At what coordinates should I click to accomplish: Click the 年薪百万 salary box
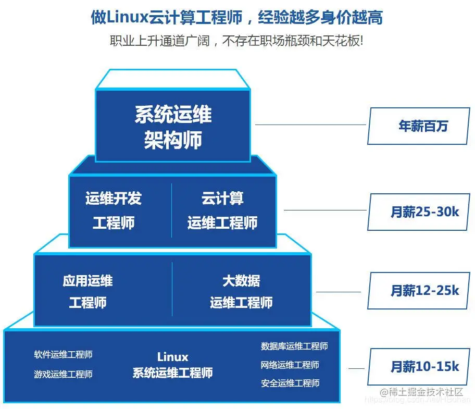(419, 126)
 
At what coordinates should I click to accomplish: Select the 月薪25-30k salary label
(419, 212)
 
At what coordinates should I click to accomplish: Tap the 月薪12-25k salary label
(419, 290)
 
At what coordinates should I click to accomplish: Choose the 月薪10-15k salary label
(419, 366)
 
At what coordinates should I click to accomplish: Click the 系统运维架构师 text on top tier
(173, 127)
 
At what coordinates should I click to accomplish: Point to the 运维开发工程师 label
(114, 210)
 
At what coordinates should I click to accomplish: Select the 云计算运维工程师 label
(222, 210)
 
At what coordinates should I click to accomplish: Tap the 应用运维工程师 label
(87, 292)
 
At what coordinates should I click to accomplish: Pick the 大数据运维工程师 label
(241, 292)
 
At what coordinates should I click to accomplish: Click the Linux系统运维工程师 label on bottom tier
(172, 365)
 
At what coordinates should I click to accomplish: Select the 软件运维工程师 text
(63, 355)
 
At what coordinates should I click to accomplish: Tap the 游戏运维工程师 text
(63, 374)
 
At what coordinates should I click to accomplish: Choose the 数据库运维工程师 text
(294, 346)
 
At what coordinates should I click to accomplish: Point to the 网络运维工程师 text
(290, 365)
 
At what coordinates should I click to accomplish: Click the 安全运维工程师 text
(290, 383)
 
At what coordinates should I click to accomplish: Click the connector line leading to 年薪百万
(311, 125)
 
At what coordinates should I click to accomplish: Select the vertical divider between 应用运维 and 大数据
(172, 289)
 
